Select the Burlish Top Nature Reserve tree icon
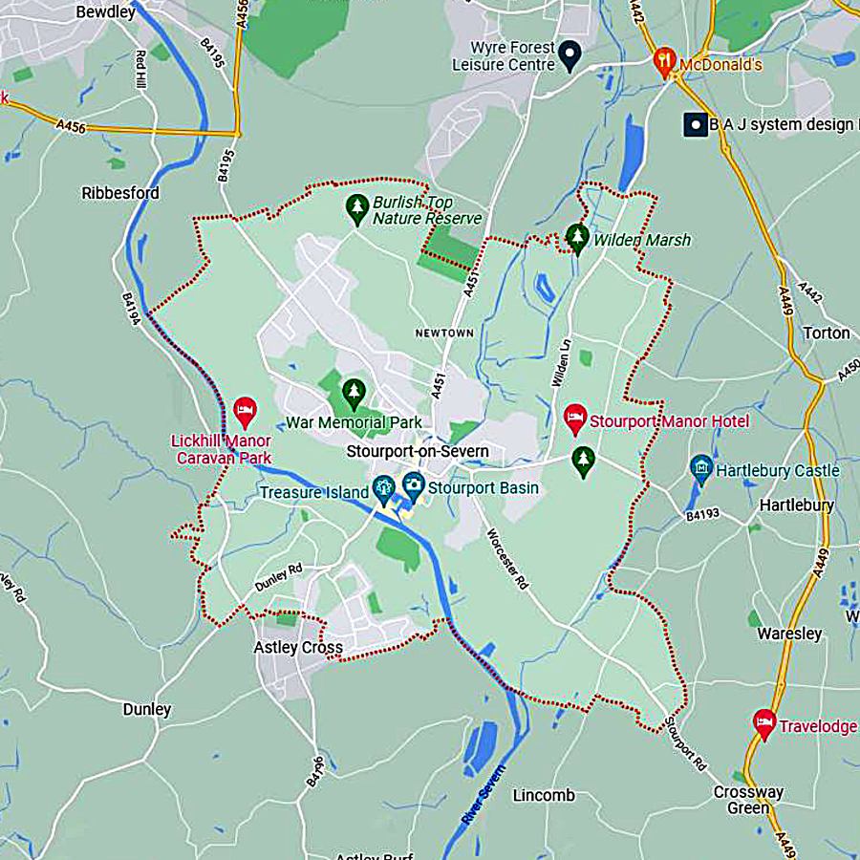click(356, 208)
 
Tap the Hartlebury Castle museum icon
click(701, 468)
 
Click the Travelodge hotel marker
click(763, 723)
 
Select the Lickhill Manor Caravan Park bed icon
click(245, 412)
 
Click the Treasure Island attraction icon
click(384, 489)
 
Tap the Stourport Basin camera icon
click(414, 485)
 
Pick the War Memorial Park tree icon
click(355, 391)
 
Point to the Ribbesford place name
click(120, 193)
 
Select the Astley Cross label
click(297, 648)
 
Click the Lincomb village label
click(544, 795)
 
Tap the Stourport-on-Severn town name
click(418, 452)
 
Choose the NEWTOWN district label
click(444, 333)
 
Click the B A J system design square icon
click(695, 124)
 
